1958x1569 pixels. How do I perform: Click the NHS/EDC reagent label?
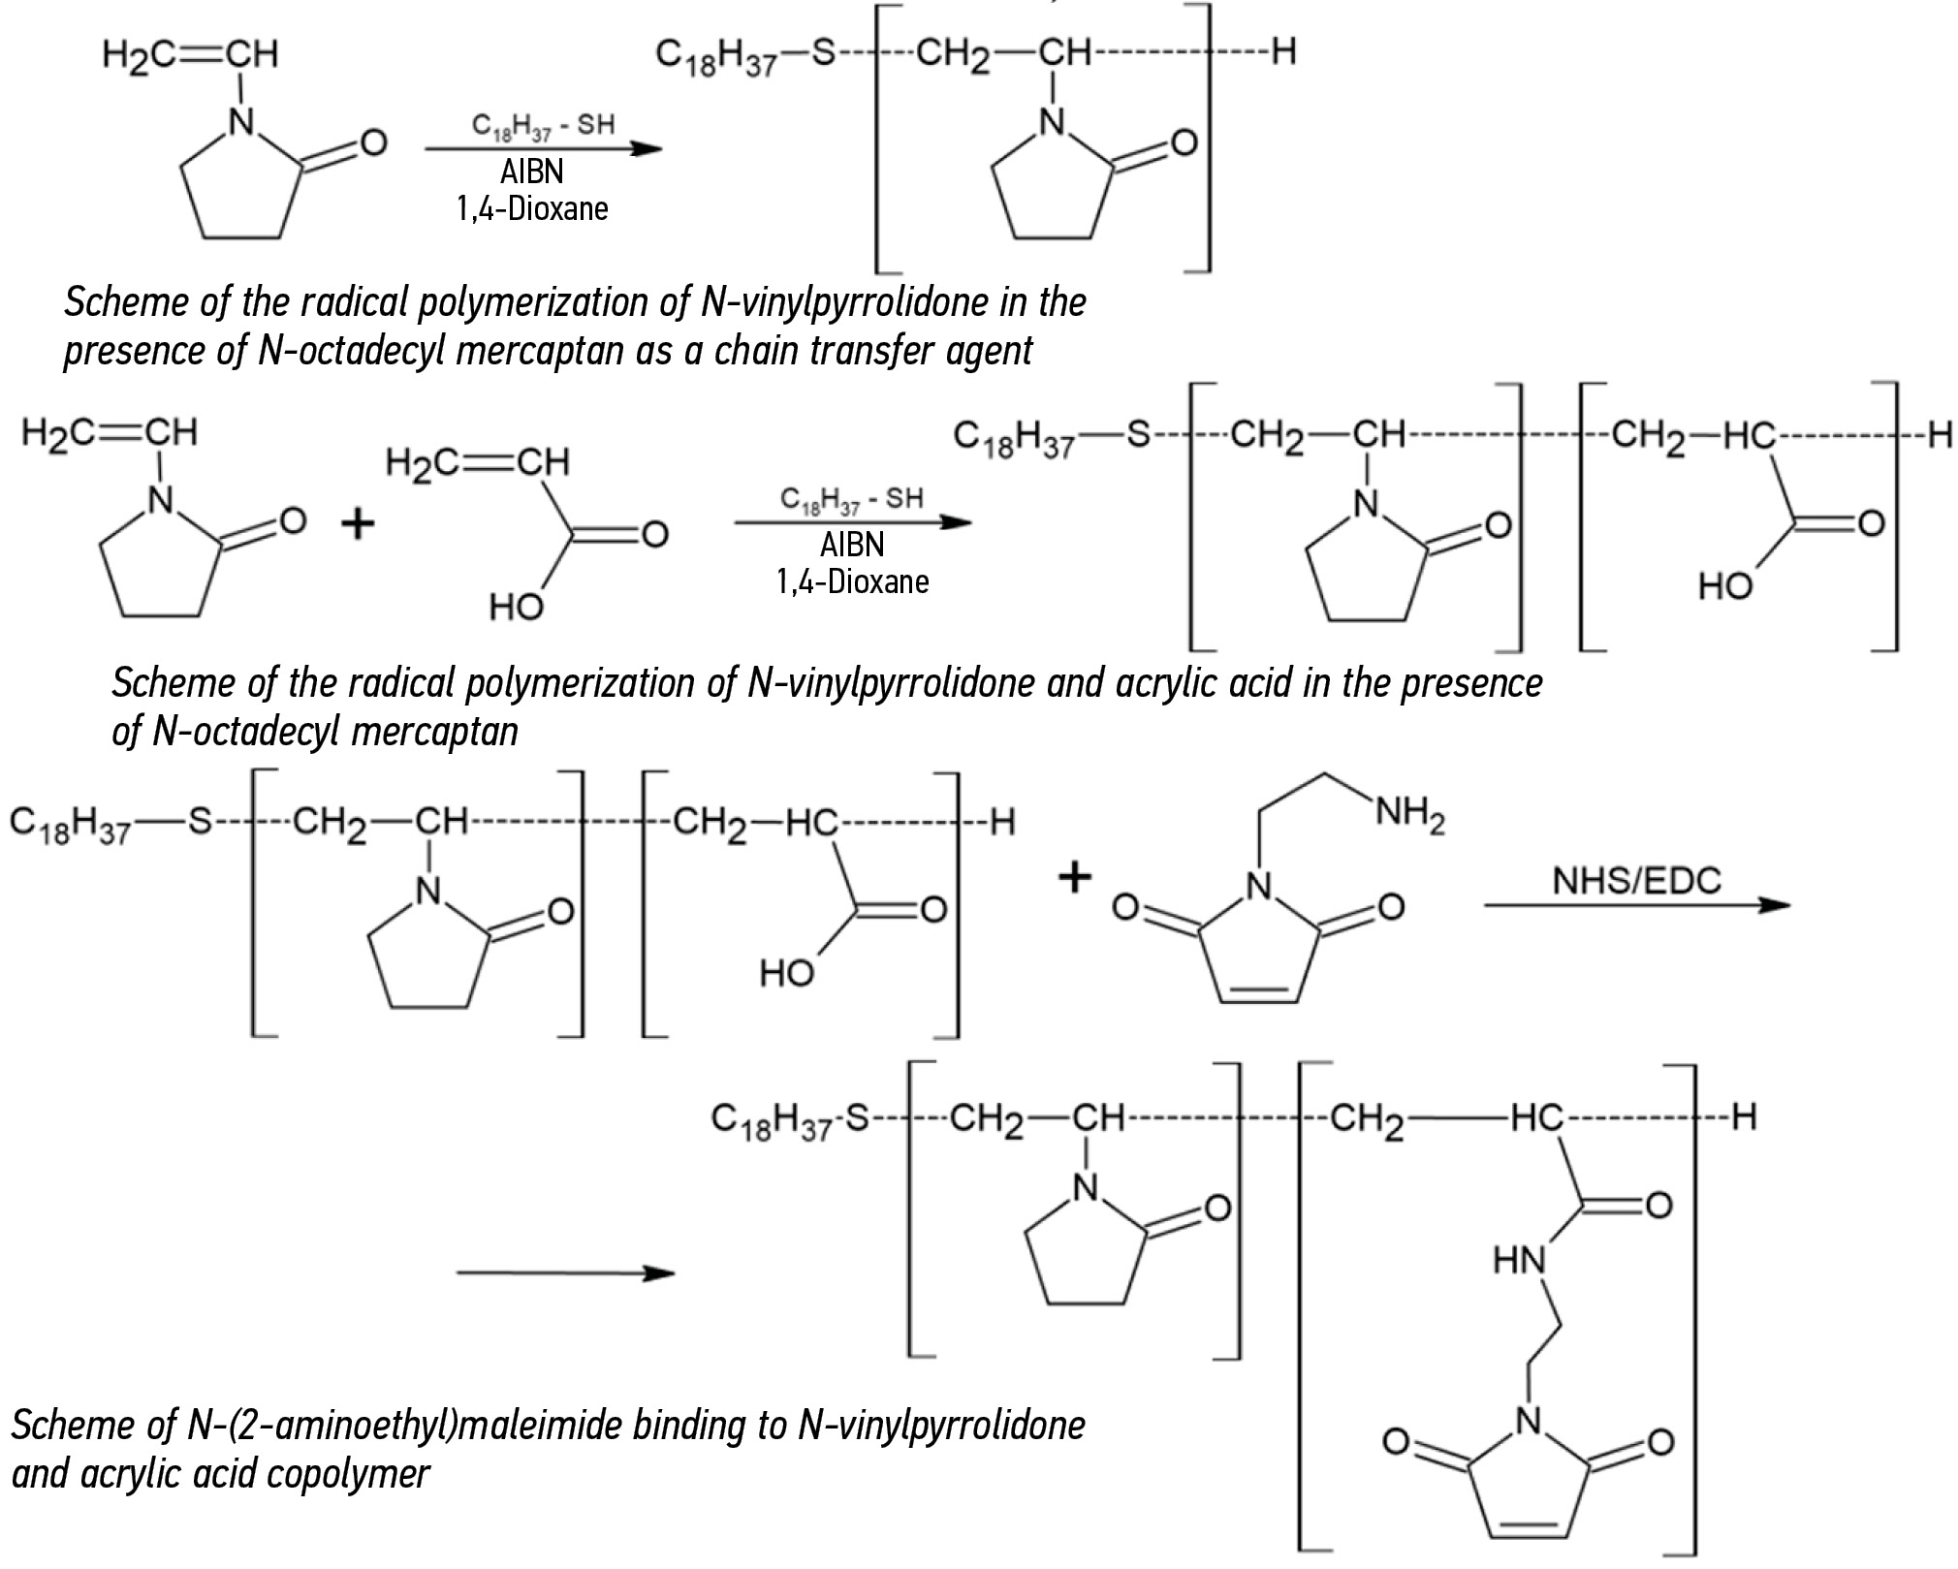pos(1636,880)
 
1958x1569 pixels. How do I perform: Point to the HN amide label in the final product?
pos(1519,1261)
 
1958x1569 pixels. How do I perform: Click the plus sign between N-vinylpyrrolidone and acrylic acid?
pos(358,524)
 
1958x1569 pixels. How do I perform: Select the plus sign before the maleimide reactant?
pos(1074,879)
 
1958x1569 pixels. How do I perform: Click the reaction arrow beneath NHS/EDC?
pos(1636,905)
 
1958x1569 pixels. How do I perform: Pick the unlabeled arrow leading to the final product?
pos(565,1272)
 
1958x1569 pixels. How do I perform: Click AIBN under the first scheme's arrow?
pos(532,172)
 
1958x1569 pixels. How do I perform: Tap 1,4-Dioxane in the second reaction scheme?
pos(852,581)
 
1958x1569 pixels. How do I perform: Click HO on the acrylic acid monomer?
pos(516,608)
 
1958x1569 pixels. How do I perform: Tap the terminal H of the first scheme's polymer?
pos(1283,51)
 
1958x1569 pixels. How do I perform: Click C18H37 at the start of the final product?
pos(772,1120)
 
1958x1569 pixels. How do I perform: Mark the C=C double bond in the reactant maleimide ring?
pos(1257,992)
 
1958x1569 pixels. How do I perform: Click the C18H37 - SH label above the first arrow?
pos(543,124)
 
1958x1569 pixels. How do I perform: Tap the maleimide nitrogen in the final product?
pos(1528,1423)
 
